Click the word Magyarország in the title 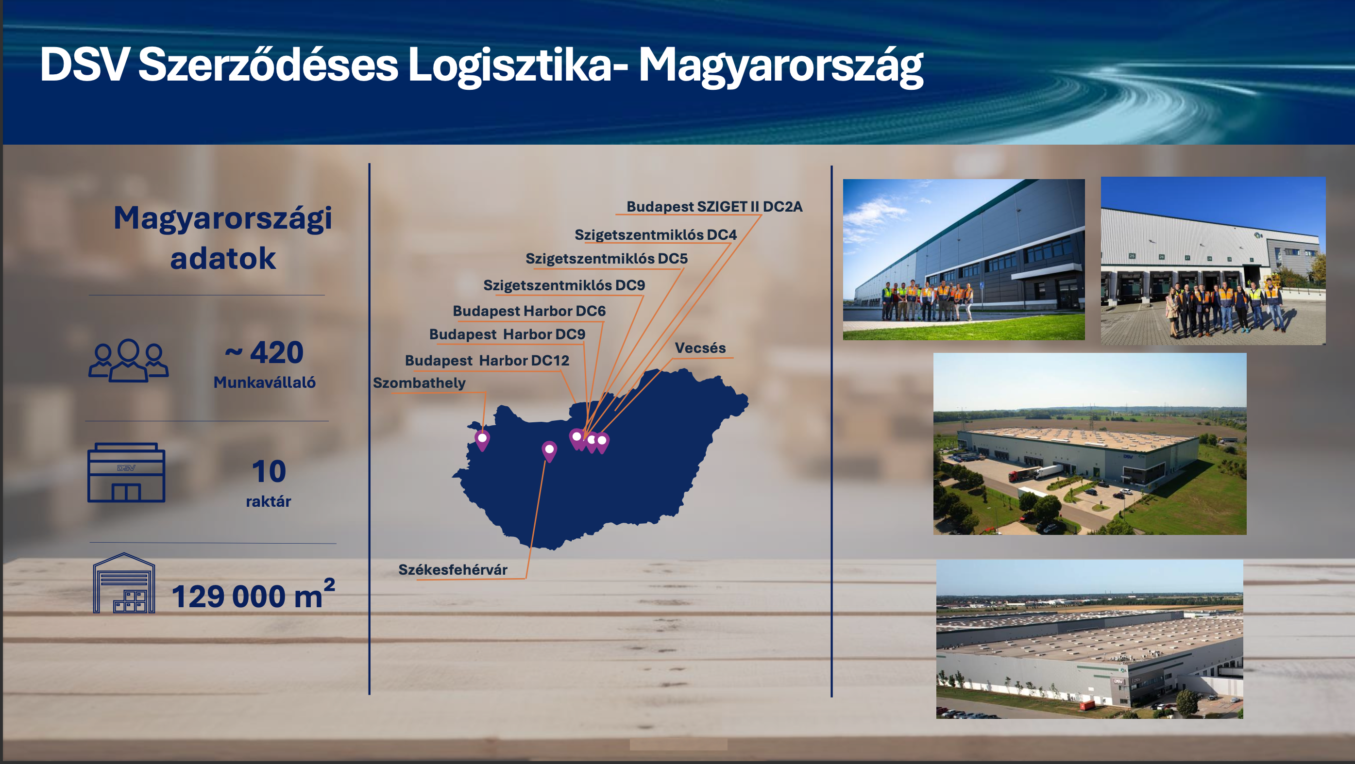click(x=780, y=67)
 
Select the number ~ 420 click(x=264, y=352)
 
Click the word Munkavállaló click(x=265, y=382)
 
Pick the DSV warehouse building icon click(x=126, y=472)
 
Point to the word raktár click(x=268, y=501)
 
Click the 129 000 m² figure click(x=253, y=594)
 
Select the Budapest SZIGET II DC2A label click(x=714, y=207)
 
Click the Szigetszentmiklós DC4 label click(x=656, y=234)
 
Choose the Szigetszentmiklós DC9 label click(x=564, y=285)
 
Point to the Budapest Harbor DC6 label click(x=529, y=311)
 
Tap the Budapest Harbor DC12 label click(x=487, y=360)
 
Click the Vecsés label click(x=700, y=348)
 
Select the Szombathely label click(x=419, y=383)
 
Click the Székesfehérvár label click(x=453, y=569)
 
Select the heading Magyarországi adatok click(x=223, y=238)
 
